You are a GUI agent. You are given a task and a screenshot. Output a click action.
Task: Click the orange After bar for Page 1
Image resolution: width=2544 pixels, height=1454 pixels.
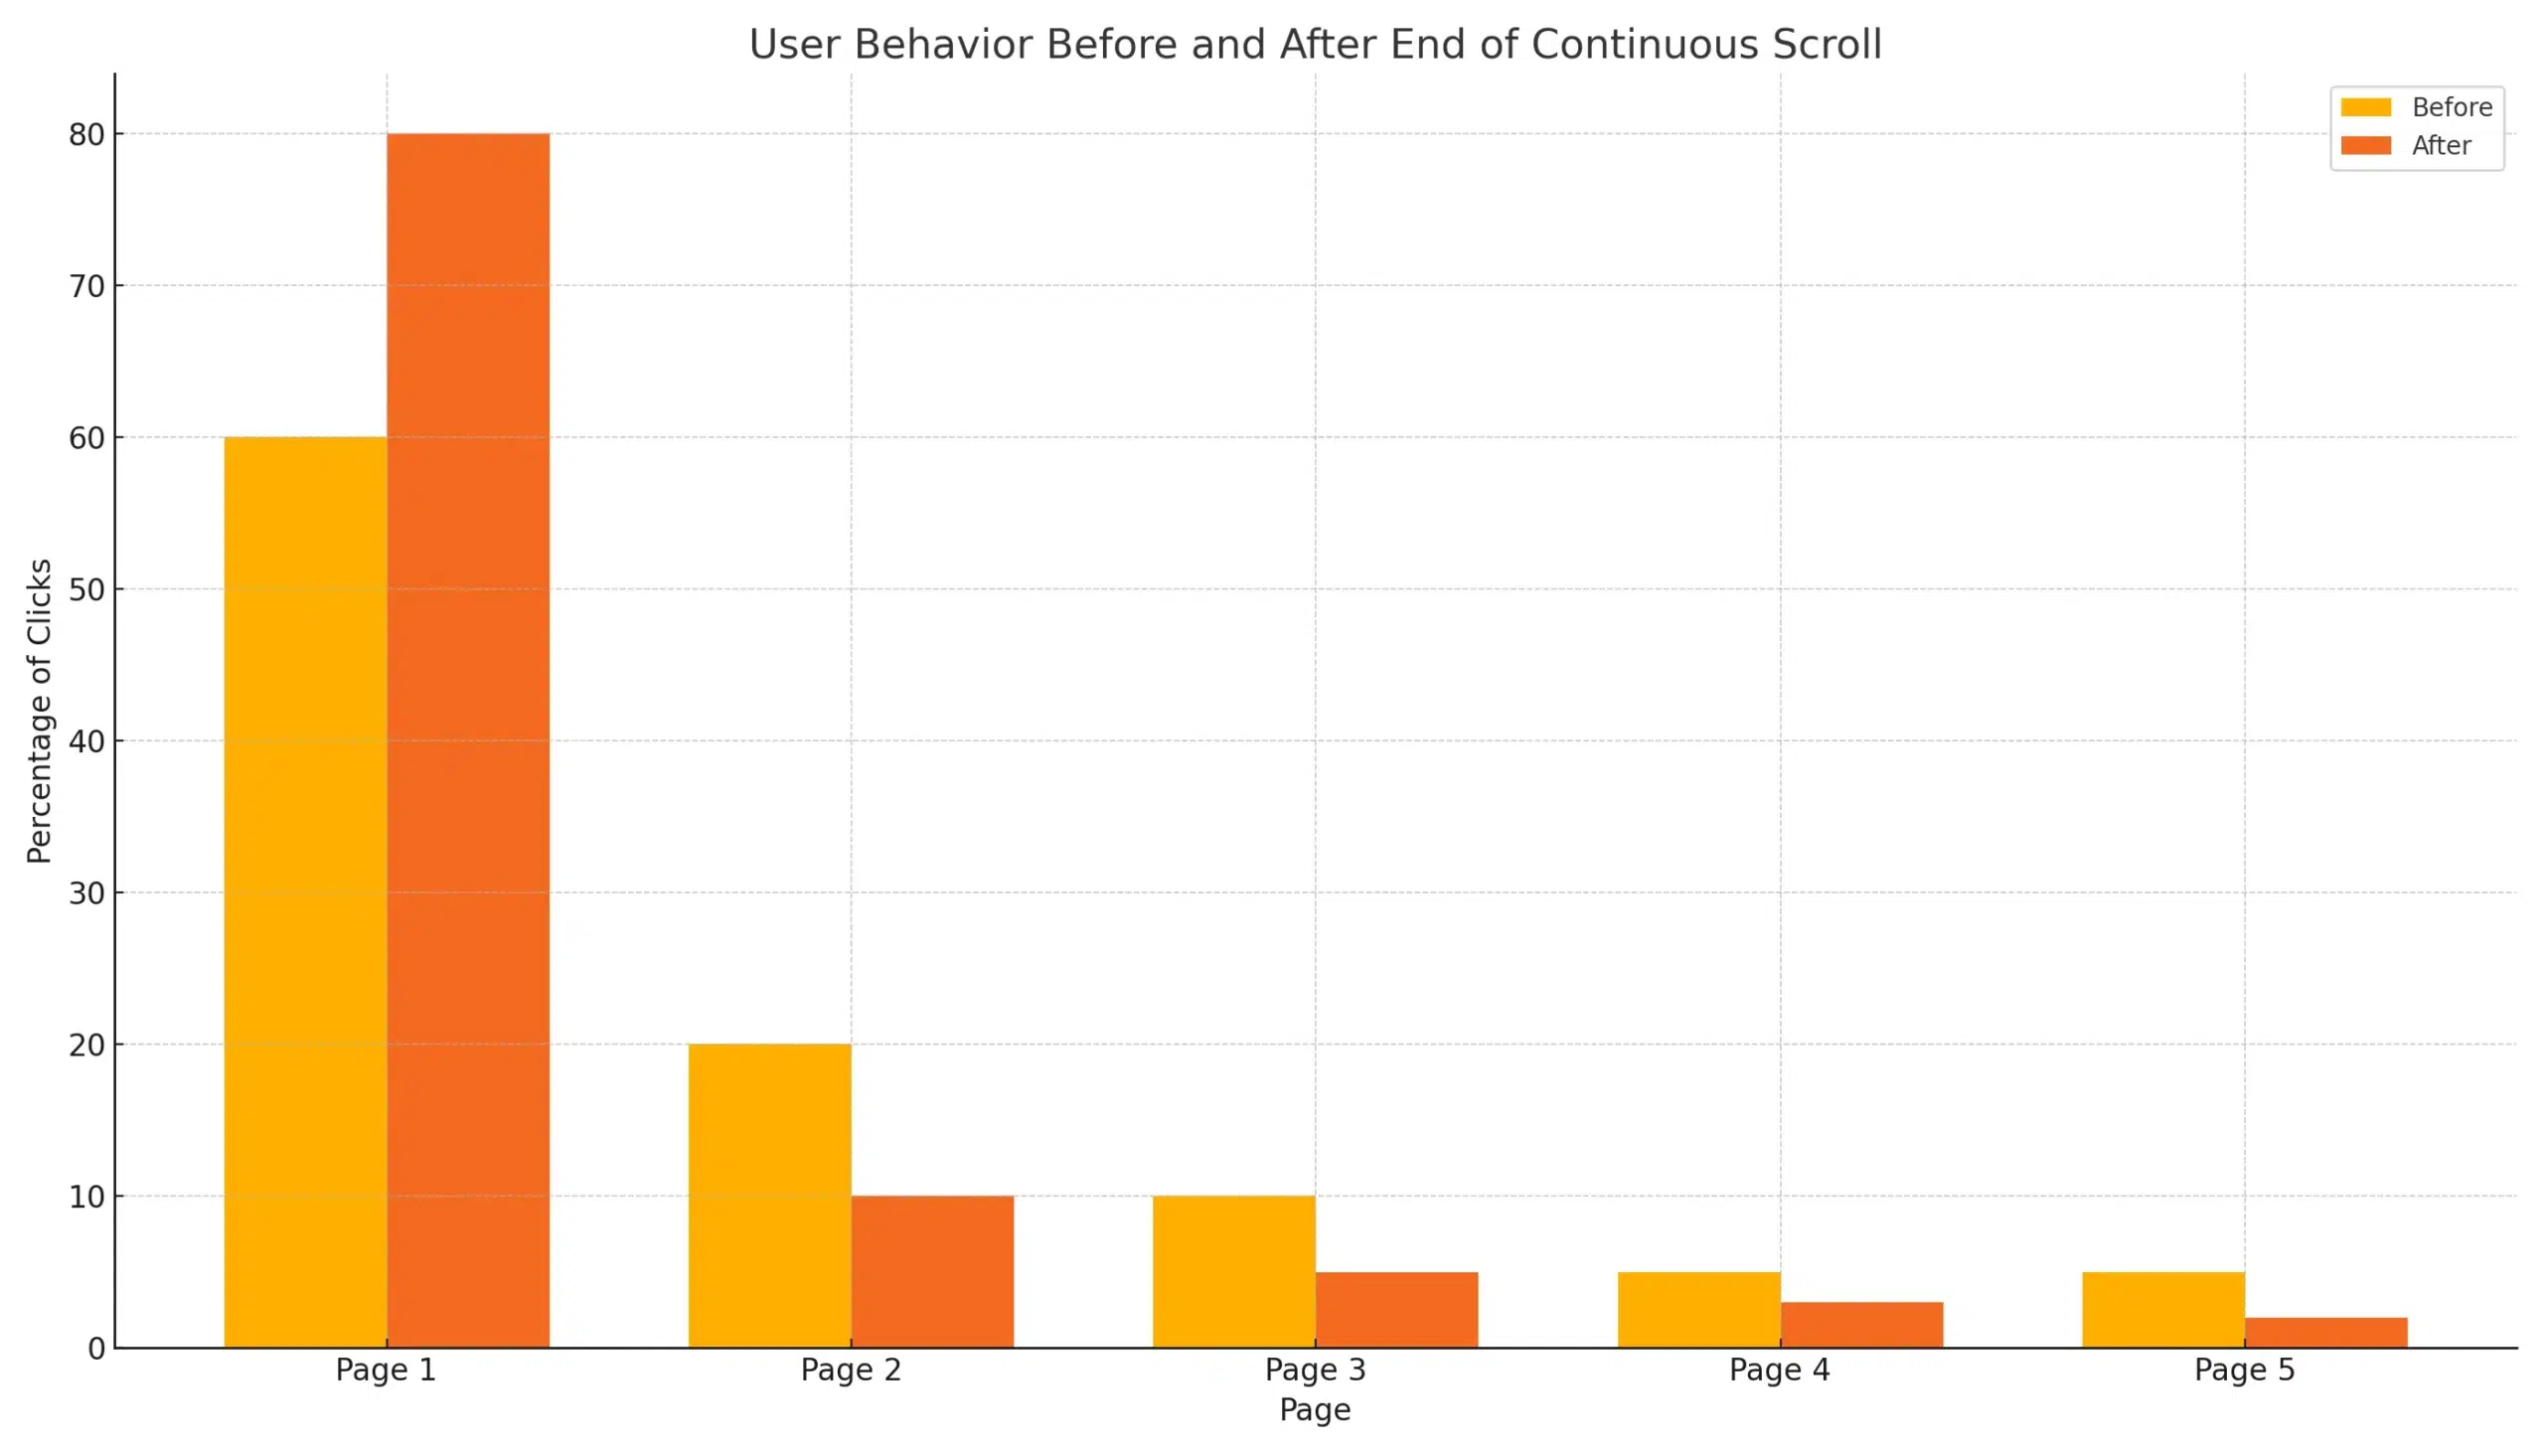tap(468, 739)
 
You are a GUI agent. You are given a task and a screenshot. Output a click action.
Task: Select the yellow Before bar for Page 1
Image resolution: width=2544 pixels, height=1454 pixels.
tap(305, 890)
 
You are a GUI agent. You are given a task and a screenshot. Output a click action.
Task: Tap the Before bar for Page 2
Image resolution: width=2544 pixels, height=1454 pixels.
tap(770, 1196)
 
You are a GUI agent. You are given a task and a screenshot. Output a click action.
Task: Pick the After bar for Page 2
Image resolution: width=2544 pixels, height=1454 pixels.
tap(932, 1271)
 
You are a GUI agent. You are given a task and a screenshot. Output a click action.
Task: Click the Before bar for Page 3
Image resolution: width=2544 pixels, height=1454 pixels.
tap(1234, 1271)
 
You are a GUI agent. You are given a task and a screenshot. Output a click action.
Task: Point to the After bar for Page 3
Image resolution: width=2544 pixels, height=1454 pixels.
tap(1397, 1309)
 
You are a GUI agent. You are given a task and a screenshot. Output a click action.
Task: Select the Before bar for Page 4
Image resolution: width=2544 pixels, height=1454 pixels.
tap(1699, 1309)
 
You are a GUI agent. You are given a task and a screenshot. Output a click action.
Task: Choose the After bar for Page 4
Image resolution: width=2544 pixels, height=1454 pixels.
tap(1862, 1324)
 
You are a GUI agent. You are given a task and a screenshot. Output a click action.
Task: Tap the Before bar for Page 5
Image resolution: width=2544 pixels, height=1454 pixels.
tap(2163, 1309)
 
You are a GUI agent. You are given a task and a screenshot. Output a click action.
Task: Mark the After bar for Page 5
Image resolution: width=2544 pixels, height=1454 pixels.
tap(2326, 1332)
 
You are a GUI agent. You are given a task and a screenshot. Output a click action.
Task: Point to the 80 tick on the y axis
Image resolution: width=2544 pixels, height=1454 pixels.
tap(86, 135)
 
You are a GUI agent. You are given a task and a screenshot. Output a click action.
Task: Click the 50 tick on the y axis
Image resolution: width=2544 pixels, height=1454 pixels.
tap(86, 589)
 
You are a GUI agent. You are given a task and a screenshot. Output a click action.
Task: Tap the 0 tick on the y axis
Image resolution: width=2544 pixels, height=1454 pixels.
tap(95, 1349)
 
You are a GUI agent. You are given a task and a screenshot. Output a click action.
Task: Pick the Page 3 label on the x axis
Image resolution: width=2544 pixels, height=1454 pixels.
tap(1315, 1371)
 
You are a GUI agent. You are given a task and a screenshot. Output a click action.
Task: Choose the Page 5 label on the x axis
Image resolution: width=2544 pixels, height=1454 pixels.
tap(2245, 1371)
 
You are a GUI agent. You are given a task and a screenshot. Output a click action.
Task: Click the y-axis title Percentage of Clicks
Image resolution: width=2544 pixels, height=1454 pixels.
tap(39, 710)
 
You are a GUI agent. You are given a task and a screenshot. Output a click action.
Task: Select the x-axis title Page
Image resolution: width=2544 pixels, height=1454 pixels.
tap(1315, 1410)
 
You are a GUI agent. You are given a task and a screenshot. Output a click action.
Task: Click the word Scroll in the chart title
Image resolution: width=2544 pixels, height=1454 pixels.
tap(1828, 45)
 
